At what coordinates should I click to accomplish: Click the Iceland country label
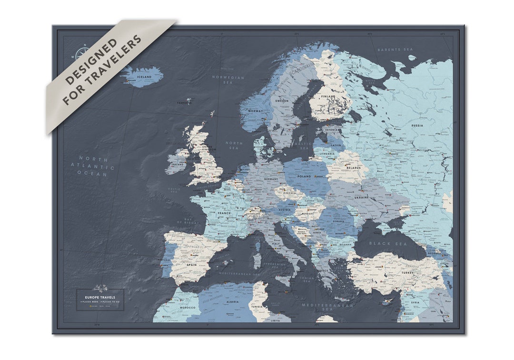coord(144,77)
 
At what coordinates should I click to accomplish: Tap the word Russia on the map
coord(417,126)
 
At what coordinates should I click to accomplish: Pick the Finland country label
coord(328,96)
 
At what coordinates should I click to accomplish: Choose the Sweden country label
coord(280,101)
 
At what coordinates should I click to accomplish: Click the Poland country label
coord(304,176)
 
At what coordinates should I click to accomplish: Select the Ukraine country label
coord(361,197)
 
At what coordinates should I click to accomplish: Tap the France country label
coord(224,214)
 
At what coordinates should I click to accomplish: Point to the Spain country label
coord(191,264)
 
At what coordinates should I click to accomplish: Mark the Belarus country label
coord(353,168)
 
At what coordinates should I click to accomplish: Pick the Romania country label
coord(339,222)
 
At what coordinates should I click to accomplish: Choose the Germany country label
coord(271,179)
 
